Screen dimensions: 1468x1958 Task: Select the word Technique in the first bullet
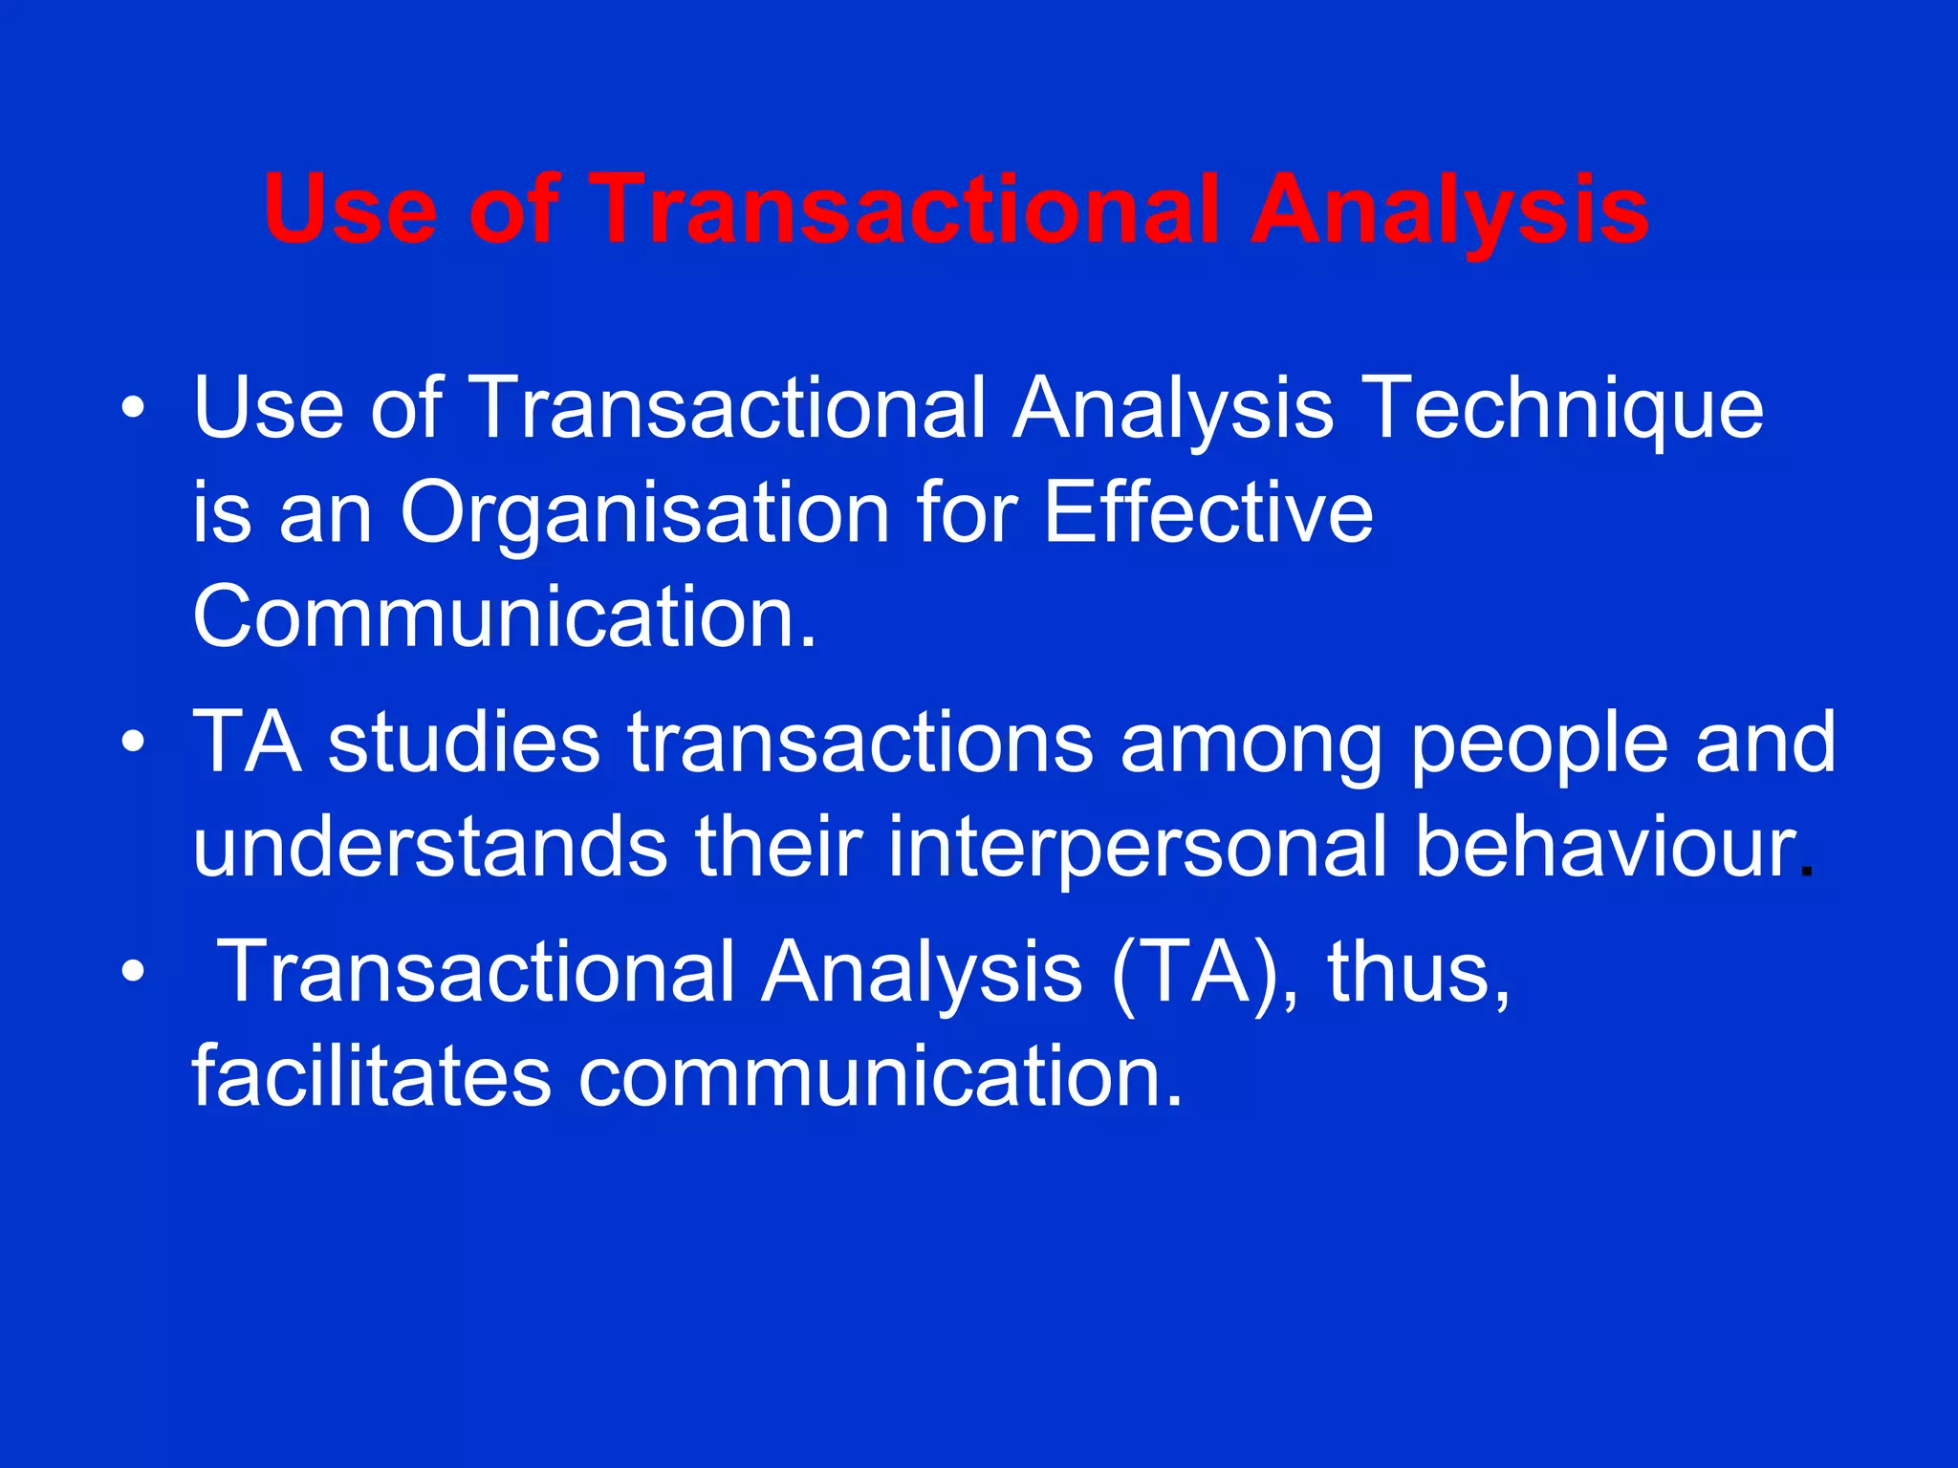[x=1563, y=409]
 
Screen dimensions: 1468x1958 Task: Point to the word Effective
[x=1207, y=512]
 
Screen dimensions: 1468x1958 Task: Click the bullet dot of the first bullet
[x=134, y=409]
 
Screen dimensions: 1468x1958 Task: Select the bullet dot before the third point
[x=134, y=972]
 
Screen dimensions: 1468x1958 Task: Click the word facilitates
[x=371, y=1075]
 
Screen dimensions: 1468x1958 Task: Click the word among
[x=1251, y=745]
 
